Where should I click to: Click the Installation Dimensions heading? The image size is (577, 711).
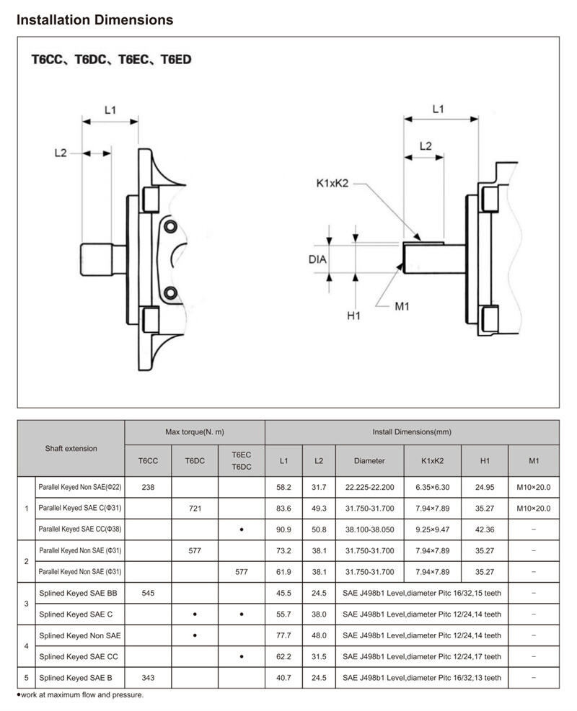coord(94,20)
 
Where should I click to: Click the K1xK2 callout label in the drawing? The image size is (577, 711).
coord(332,183)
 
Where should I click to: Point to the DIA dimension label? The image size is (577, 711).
coord(317,259)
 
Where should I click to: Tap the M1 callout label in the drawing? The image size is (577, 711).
coord(402,307)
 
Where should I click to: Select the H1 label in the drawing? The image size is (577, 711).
coord(353,316)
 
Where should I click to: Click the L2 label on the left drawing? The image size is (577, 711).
coord(61,153)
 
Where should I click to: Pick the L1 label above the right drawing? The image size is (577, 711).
coord(438,109)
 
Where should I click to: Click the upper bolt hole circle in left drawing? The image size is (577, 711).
coord(171,226)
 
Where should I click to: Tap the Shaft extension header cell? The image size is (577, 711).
coord(71,449)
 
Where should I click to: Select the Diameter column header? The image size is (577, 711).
coord(369,461)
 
